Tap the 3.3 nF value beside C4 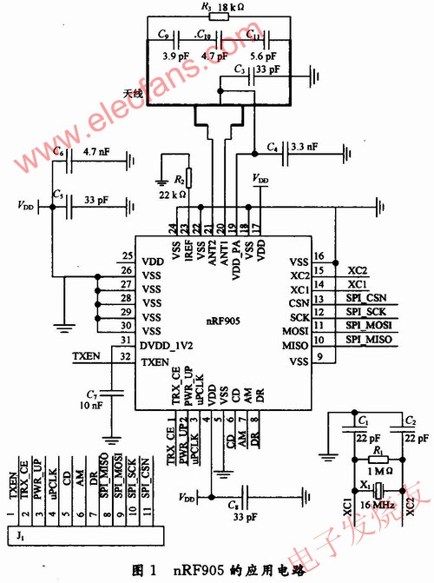pyautogui.click(x=306, y=145)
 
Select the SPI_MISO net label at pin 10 pyautogui.click(x=369, y=344)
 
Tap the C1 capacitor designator pyautogui.click(x=362, y=421)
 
